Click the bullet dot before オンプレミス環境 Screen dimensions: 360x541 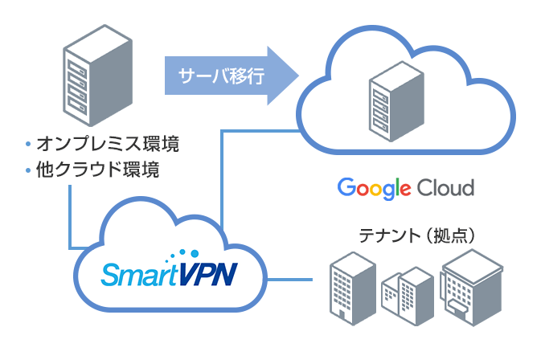click(x=28, y=145)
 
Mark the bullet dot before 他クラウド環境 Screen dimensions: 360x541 click(x=28, y=171)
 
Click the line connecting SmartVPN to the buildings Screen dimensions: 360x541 click(x=289, y=280)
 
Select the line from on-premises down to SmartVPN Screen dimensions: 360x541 click(x=72, y=217)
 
